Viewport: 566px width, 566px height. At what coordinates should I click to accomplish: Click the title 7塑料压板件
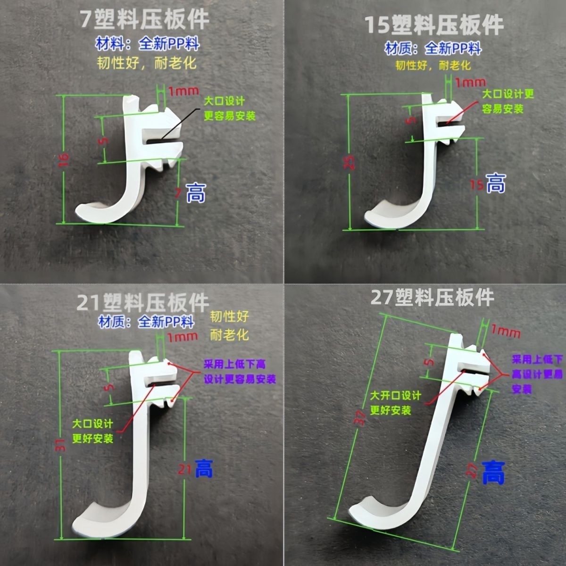tap(144, 20)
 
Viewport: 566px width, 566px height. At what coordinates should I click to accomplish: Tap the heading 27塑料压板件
tap(432, 297)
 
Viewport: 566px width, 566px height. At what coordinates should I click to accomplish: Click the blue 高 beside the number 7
tap(196, 192)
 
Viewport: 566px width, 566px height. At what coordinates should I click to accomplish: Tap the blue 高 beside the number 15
tap(495, 183)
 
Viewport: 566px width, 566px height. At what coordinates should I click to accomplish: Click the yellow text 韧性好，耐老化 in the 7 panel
tap(147, 63)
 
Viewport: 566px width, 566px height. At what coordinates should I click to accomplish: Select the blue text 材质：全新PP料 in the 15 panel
tap(433, 49)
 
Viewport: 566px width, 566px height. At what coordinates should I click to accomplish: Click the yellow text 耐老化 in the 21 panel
tap(229, 335)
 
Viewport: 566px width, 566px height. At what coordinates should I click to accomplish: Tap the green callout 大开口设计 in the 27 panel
tap(395, 395)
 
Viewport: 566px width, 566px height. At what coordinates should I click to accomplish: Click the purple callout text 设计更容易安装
tap(240, 379)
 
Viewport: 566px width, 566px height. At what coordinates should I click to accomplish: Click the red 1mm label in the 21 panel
tap(183, 336)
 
